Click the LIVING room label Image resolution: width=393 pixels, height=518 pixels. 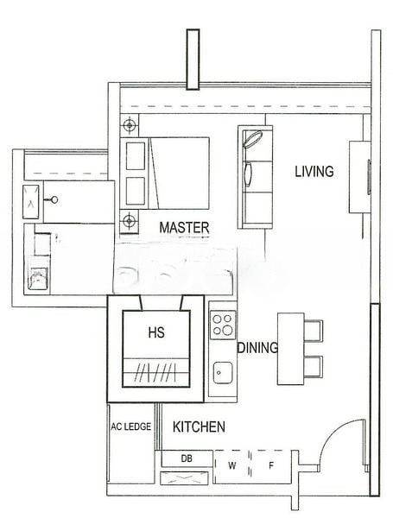coord(314,172)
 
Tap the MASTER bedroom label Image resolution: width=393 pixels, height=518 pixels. coord(186,228)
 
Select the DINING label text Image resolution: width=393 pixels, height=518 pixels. coord(257,348)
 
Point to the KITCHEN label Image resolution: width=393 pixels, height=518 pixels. coord(199,426)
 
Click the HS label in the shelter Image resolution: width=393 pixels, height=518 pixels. coord(156,332)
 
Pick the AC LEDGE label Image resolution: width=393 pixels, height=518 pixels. coord(131,427)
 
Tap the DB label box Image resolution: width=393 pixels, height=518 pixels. coord(187,458)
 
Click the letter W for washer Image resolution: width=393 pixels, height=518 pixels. coord(231,466)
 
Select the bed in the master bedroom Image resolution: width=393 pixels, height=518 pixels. coord(178,173)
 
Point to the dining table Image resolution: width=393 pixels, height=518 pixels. coord(289,349)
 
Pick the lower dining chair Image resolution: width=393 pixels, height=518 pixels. coord(313,366)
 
